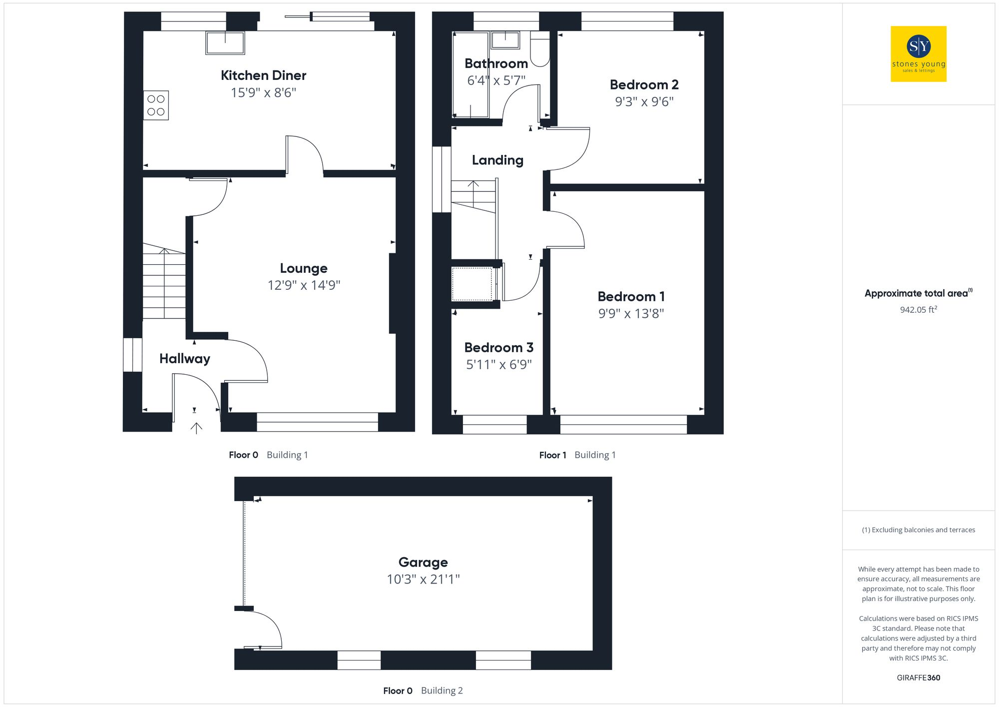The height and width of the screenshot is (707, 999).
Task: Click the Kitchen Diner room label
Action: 263,75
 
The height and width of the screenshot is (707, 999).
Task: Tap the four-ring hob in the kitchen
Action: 156,105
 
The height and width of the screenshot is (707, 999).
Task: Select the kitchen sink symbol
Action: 225,43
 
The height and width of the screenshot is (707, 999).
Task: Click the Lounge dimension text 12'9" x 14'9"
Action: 304,285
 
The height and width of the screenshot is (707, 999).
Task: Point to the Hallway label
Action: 184,359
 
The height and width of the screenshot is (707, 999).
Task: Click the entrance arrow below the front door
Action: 196,428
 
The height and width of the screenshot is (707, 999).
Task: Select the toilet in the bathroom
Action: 539,49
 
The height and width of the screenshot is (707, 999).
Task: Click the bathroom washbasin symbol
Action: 505,40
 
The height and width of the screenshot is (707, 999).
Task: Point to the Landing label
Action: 498,160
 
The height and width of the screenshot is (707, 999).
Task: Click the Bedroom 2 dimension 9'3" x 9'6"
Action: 644,102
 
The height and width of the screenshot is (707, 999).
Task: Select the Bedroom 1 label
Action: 631,297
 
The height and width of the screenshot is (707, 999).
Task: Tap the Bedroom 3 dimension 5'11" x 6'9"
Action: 499,365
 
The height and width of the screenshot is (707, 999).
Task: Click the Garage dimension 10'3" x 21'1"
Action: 423,579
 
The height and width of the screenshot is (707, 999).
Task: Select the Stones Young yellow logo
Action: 918,54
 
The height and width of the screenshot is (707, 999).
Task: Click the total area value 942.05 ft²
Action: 918,310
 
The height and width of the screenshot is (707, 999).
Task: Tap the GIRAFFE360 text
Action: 918,678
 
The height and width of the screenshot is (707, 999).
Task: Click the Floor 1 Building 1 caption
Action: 577,455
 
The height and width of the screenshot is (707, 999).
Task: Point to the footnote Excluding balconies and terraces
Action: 918,530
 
